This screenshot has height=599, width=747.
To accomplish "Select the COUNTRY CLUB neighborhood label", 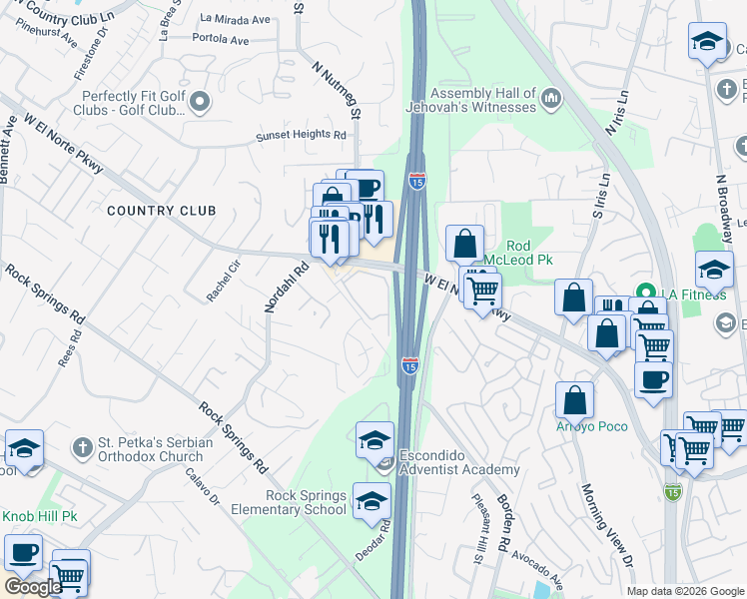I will pos(161,211).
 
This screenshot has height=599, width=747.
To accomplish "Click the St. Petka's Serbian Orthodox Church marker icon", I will pos(82,444).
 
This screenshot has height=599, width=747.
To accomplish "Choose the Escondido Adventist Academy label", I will pos(459,462).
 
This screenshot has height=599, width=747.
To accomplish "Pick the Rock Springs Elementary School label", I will pos(306,502).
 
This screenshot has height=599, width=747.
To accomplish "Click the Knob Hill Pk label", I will pos(39,516).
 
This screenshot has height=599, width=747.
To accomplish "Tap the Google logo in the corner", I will pos(32,587).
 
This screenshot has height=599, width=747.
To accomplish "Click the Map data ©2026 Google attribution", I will pos(685,591).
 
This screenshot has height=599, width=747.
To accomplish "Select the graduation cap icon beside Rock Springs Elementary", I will pos(372,500).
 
